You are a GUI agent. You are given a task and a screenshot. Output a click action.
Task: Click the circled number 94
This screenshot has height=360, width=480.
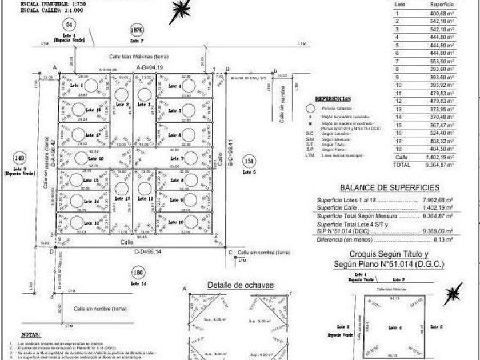coord(70,25)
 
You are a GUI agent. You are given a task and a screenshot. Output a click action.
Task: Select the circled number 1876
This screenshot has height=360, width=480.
coord(135,30)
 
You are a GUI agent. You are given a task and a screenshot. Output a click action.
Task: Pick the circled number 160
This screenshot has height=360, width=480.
coord(135,272)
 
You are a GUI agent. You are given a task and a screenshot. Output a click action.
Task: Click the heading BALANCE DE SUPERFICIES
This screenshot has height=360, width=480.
coord(389,187)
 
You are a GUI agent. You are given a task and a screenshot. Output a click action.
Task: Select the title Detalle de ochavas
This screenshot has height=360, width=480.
coord(241,285)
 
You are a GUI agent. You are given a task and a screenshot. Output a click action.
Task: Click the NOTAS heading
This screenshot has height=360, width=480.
coord(30,334)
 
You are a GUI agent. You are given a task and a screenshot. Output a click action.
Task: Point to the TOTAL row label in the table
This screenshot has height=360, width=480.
coord(402,165)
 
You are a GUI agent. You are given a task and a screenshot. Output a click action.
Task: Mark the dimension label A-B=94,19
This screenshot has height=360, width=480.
coord(149,67)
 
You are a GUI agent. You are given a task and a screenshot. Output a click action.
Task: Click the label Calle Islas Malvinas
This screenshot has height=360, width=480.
coord(138,56)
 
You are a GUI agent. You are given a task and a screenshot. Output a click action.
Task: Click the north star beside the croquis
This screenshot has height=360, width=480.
coord(454,293)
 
